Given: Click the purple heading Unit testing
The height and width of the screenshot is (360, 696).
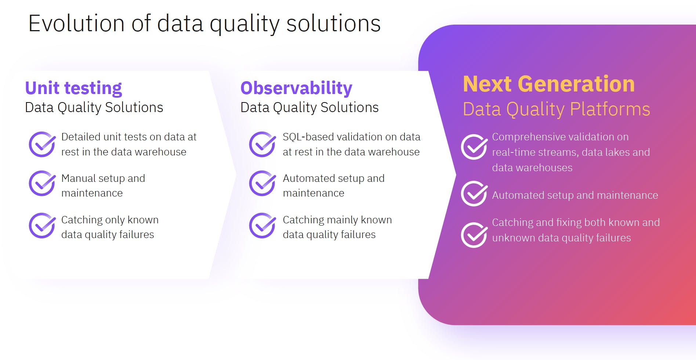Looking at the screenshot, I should pos(73,88).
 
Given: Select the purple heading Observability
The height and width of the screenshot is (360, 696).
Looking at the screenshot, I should pos(296,88).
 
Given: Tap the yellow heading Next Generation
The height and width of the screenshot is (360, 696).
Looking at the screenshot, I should pos(549,84).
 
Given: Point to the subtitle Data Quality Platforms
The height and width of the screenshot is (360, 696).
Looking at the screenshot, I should pos(556,109).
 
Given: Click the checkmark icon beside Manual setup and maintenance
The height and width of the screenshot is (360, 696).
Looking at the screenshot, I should pos(42,183).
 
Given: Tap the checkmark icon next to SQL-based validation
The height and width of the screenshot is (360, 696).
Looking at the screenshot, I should pos(262,144).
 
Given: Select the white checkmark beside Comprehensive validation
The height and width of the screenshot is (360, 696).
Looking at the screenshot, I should pos(474,147).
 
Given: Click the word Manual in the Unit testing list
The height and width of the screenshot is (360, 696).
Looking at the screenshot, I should pos(78,178).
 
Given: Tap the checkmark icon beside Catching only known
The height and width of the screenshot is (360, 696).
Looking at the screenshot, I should pos(42,226).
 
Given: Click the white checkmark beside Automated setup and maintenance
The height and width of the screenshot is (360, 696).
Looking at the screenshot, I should pos(474,194).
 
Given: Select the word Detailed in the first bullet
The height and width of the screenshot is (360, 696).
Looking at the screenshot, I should pos(81,137).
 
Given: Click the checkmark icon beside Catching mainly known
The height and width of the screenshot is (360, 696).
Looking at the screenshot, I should pos(262,226).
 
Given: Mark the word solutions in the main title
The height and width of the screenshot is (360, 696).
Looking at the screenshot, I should pos(333,24).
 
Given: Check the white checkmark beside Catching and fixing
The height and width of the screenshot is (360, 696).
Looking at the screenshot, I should pos(474,235).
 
